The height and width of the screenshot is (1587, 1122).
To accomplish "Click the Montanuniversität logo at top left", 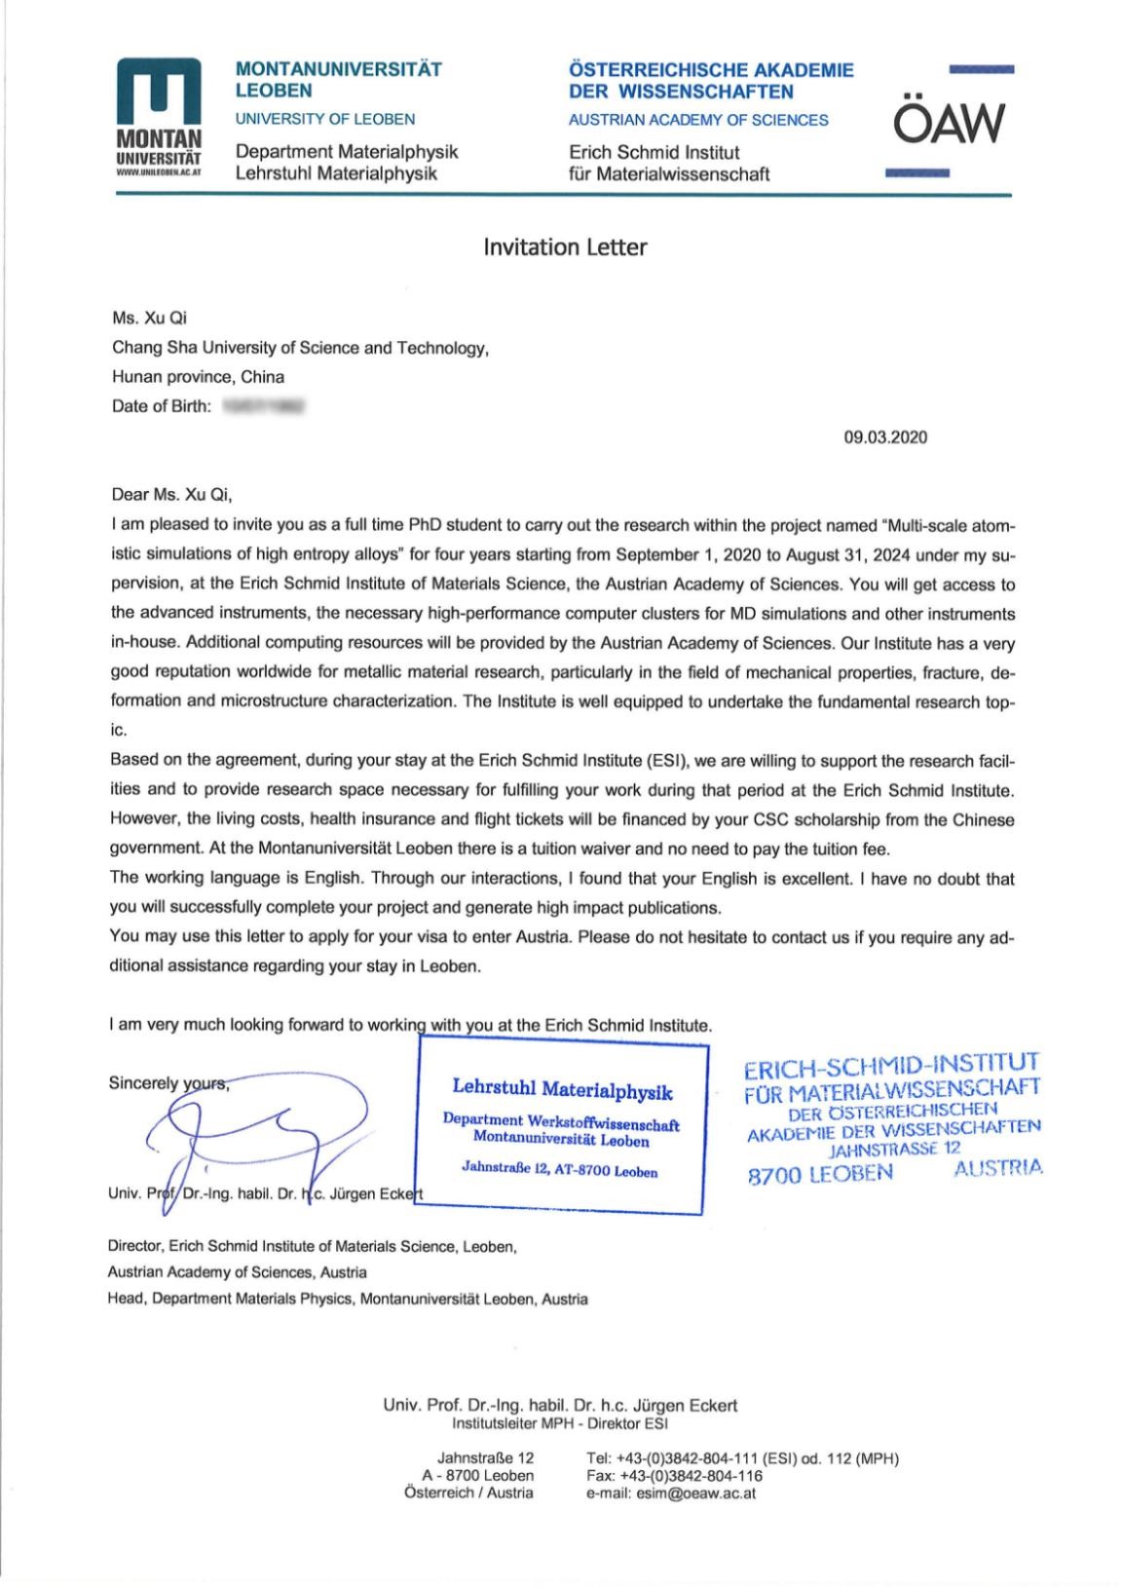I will click(x=158, y=116).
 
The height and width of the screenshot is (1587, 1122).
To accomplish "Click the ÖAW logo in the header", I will click(x=947, y=122).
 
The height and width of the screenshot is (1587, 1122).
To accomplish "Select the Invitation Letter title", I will click(x=565, y=247).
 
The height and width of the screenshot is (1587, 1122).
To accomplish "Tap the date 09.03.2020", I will click(x=884, y=436).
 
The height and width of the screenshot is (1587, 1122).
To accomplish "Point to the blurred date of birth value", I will click(x=263, y=406).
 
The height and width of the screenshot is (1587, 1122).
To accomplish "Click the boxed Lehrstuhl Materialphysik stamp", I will click(x=561, y=1128).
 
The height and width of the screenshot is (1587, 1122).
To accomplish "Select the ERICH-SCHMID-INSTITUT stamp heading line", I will click(x=891, y=1064).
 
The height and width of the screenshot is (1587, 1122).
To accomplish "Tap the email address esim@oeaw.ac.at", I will click(x=671, y=1493).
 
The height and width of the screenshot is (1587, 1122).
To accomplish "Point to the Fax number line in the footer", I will click(x=674, y=1476).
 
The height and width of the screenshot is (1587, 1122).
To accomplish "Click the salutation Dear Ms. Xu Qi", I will click(x=172, y=494).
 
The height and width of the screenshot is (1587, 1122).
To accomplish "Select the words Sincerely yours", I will click(x=168, y=1083).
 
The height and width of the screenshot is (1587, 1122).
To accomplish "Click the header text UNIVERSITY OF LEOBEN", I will click(x=325, y=119).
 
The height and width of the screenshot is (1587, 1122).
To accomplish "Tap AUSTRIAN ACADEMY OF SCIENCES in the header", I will click(x=698, y=120).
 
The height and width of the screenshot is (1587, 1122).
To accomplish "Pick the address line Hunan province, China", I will click(x=199, y=377).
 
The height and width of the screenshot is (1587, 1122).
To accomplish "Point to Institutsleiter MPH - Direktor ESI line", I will click(x=560, y=1423).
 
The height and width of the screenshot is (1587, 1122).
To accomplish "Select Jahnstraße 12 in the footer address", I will click(x=485, y=1458).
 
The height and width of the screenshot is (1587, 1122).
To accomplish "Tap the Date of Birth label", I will click(x=161, y=406).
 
